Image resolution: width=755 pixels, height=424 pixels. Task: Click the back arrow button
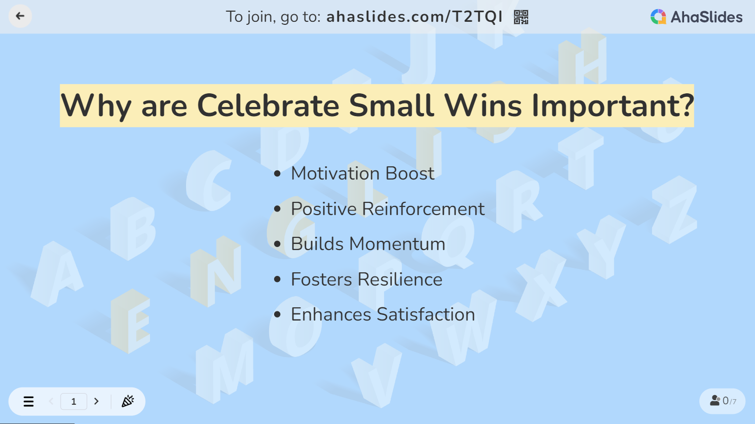[20, 16]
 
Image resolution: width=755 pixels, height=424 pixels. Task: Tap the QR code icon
[521, 17]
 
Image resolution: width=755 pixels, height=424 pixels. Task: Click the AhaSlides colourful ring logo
[658, 17]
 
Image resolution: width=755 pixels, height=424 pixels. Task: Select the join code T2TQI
[477, 17]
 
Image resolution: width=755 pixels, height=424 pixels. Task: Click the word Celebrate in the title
[268, 105]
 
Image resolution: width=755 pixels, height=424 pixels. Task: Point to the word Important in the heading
[612, 106]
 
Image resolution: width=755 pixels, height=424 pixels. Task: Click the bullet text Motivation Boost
[363, 173]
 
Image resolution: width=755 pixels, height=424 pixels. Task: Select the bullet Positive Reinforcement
[388, 209]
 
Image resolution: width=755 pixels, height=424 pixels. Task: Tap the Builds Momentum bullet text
[368, 244]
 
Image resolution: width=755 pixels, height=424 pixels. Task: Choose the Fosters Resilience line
[367, 279]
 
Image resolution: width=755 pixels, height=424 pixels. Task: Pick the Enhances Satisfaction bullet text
[383, 314]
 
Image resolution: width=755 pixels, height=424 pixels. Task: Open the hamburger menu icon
[29, 401]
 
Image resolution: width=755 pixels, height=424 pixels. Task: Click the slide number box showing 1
[73, 401]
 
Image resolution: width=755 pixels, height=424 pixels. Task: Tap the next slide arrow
[96, 401]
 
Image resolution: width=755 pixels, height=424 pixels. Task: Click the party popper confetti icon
[128, 401]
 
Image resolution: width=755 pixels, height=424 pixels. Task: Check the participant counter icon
[715, 400]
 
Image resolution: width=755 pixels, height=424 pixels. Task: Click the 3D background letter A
[57, 274]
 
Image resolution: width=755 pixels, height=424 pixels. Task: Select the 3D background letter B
[133, 229]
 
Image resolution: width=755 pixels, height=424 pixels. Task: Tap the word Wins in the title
[483, 105]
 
